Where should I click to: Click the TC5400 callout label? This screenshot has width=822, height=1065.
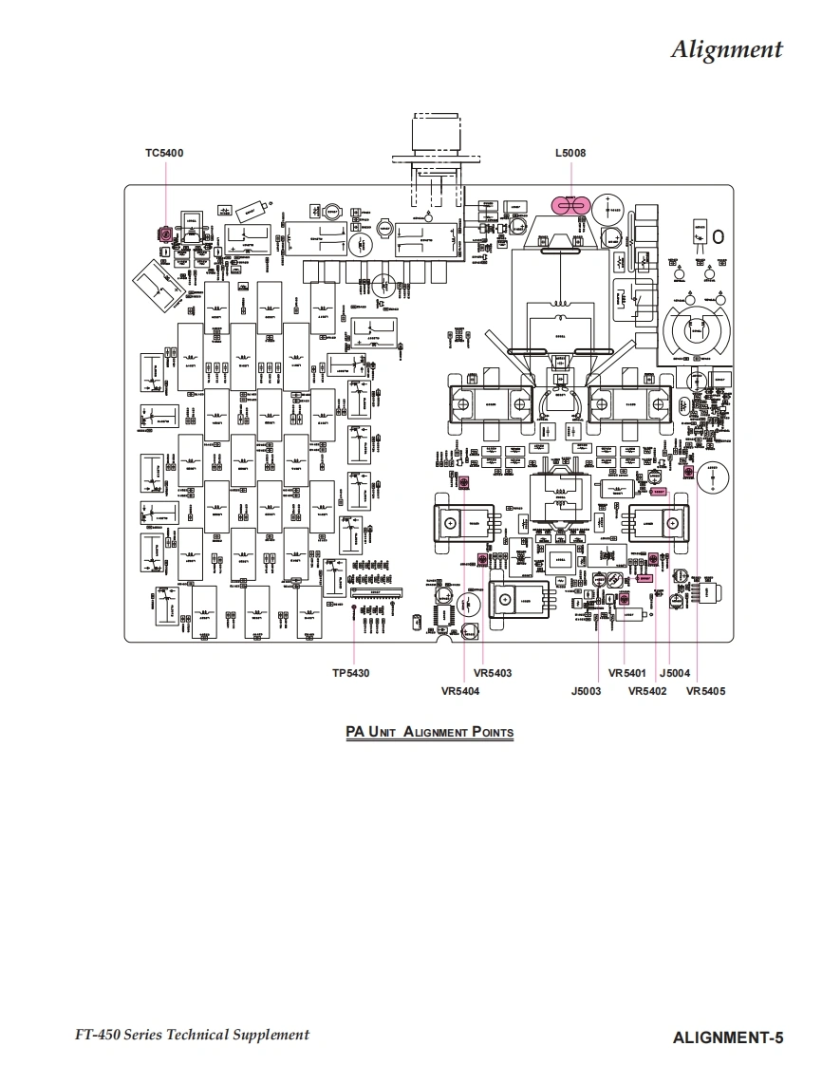point(164,153)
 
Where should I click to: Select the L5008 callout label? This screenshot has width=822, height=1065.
point(570,153)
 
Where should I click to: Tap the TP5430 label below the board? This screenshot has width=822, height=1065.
point(350,673)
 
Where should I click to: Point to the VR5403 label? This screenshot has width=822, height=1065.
point(492,673)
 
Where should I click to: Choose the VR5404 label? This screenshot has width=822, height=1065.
point(460,691)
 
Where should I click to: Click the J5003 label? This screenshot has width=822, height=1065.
point(586,691)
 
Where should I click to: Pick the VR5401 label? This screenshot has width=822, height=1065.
point(627,673)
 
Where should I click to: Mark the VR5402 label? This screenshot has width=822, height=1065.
point(647,691)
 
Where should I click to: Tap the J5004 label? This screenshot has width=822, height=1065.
point(675,673)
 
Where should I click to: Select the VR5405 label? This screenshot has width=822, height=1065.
point(705,691)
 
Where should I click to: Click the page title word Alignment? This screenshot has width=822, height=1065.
point(726,49)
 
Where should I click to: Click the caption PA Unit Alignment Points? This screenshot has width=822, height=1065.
point(429,732)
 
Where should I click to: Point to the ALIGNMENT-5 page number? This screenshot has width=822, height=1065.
point(728,1037)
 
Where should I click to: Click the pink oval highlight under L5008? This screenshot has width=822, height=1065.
point(570,205)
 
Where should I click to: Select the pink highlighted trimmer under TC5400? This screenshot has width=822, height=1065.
point(164,234)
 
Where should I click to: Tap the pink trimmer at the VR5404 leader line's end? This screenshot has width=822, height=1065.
point(463,484)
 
